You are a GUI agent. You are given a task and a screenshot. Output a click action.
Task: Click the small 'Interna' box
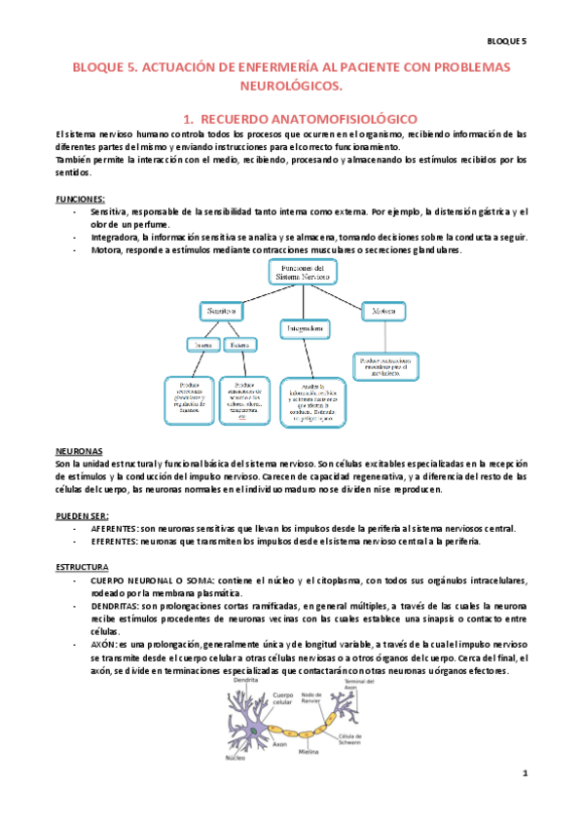coord(200,344)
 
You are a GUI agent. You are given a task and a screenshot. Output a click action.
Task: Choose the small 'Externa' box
coord(238,344)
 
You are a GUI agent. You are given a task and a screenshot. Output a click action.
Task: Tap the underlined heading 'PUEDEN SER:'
coord(82,515)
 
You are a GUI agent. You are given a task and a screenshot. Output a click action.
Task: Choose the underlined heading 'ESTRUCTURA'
coord(82,566)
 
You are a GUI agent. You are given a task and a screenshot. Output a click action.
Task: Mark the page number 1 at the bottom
coord(524,774)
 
